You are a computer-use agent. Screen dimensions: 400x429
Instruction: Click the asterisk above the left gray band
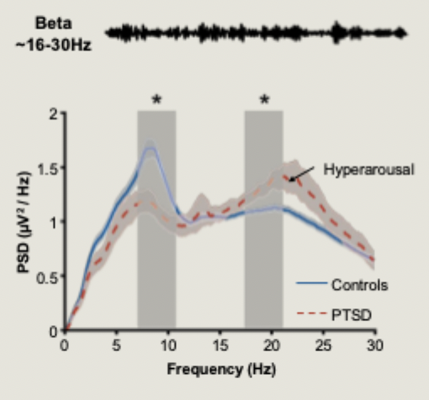[x=156, y=100]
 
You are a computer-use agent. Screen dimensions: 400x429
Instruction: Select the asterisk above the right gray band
[x=264, y=100]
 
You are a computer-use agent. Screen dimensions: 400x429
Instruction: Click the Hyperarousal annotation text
[x=368, y=169]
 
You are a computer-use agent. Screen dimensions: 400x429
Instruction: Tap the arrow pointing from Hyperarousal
[x=305, y=173]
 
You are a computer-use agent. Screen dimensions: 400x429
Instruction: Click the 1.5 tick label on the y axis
[x=50, y=167]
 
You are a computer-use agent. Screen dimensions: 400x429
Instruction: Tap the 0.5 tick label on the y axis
[x=50, y=276]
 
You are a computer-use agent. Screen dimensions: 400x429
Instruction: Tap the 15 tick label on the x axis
[x=219, y=345]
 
